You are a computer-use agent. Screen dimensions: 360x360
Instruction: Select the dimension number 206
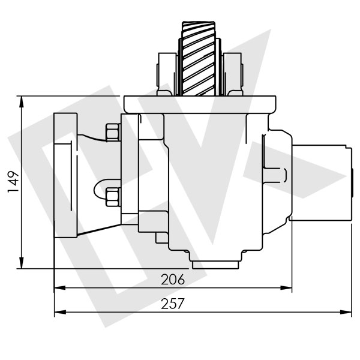[173, 280]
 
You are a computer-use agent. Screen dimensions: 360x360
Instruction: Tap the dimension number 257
[173, 304]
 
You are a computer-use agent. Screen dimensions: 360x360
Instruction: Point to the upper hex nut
[112, 132]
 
